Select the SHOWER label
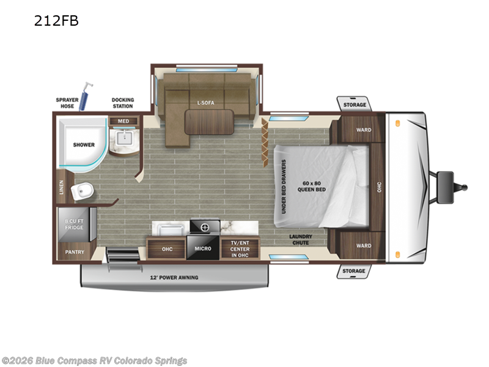84,145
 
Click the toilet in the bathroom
81,192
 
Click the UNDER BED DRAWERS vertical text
284,187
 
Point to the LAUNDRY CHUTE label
300,239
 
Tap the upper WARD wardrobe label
363,130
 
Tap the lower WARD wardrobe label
363,246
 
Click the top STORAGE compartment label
354,105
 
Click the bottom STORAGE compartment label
354,270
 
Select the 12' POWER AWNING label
174,278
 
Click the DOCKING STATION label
123,103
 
